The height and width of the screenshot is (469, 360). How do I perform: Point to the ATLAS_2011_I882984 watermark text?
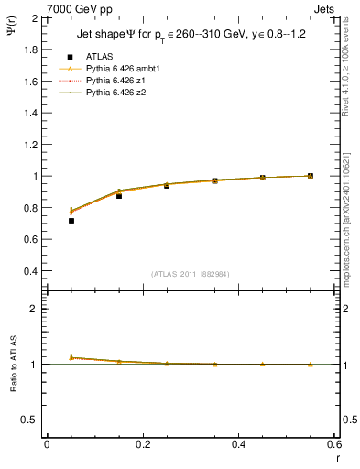[190, 274]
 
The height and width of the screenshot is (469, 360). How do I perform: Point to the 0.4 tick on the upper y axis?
[30, 271]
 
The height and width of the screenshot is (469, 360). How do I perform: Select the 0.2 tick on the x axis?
[142, 444]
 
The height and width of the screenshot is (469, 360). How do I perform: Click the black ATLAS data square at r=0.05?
[71, 221]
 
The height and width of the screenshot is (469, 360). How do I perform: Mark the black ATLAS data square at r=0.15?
[119, 196]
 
